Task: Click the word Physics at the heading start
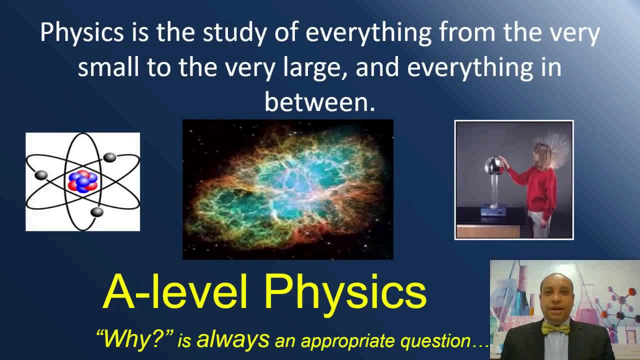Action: click(x=81, y=32)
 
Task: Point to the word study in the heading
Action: click(x=234, y=32)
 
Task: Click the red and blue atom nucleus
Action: click(x=83, y=181)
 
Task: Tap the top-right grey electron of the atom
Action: click(x=109, y=157)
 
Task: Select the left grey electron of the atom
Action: click(x=41, y=175)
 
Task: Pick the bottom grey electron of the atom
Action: click(x=97, y=212)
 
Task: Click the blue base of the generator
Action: click(x=493, y=210)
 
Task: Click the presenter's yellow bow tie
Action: click(x=555, y=328)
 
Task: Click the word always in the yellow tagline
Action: click(x=233, y=340)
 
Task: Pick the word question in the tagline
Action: click(x=435, y=341)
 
